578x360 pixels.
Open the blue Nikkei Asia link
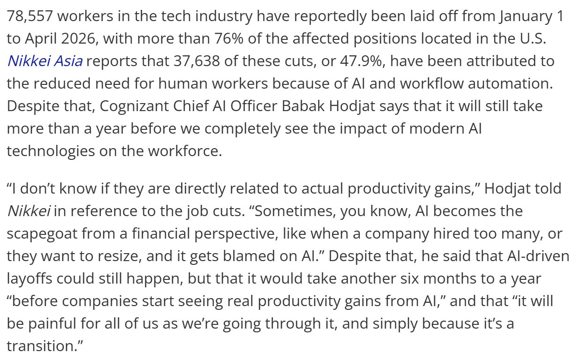pos(45,61)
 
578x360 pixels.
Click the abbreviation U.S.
pos(534,39)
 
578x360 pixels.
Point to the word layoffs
pos(30,278)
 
